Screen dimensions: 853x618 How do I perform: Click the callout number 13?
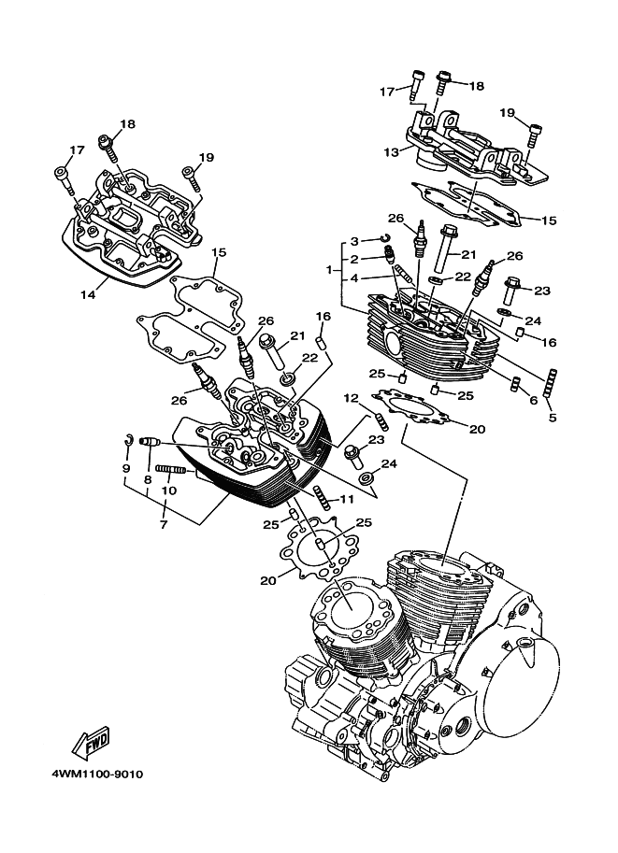(x=390, y=149)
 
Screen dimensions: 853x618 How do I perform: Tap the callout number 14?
(x=88, y=295)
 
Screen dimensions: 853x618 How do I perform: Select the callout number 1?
(x=328, y=270)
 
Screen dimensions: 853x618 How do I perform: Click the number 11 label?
(x=348, y=499)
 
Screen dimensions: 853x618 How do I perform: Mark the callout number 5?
(x=552, y=418)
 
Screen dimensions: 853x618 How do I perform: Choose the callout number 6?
(x=534, y=399)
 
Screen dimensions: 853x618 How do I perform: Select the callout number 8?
(x=148, y=479)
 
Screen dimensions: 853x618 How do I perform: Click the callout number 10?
(x=168, y=490)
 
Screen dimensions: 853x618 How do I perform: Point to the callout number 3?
(x=355, y=241)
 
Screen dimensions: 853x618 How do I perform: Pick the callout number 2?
(x=355, y=259)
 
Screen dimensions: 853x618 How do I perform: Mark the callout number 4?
(x=355, y=277)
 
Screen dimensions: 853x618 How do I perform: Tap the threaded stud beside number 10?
(x=174, y=470)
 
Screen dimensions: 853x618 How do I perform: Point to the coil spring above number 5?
(x=552, y=383)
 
